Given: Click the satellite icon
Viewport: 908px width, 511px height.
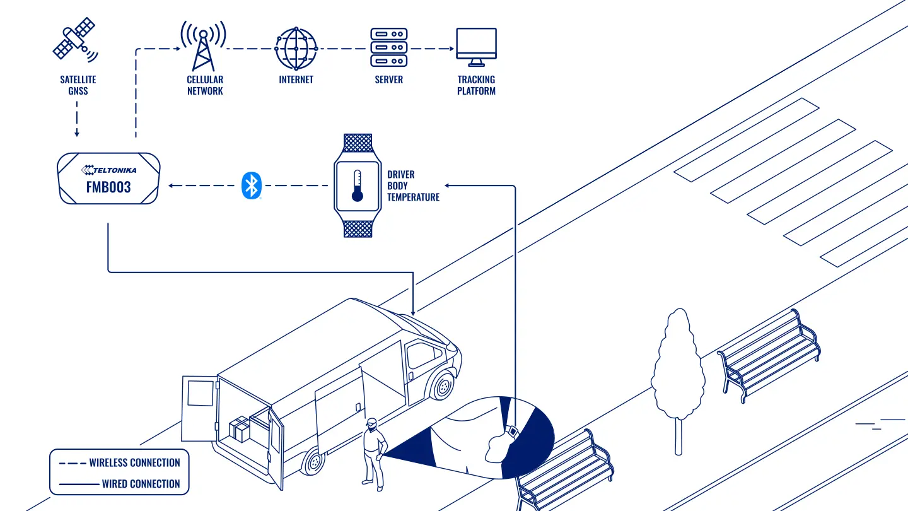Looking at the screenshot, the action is [75, 39].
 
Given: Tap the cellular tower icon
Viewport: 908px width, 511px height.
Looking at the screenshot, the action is [203, 46].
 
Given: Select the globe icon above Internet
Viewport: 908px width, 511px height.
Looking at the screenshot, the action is [296, 49].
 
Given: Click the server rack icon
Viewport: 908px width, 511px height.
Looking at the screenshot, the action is [388, 47].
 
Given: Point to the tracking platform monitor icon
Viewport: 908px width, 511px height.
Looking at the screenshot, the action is [476, 47].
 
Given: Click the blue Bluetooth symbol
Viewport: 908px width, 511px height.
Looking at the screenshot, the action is [252, 185].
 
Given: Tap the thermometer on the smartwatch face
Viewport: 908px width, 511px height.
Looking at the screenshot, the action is [357, 185].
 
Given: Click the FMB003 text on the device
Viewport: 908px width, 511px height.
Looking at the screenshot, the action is [108, 187].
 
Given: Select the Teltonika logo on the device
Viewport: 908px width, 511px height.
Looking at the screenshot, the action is [108, 170].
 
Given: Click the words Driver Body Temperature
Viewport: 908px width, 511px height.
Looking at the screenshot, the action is [413, 185].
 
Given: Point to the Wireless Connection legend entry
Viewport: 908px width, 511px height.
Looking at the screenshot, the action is [120, 463].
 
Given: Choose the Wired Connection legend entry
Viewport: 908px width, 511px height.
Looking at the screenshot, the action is [120, 484].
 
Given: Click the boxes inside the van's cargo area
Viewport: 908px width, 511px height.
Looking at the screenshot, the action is [240, 429].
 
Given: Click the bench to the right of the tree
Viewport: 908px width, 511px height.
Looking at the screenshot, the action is [769, 355].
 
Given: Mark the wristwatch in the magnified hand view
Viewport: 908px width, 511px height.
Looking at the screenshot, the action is [513, 432].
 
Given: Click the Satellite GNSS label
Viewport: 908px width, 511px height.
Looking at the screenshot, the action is [78, 85].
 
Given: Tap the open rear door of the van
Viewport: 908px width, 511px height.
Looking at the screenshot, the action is [199, 408].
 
